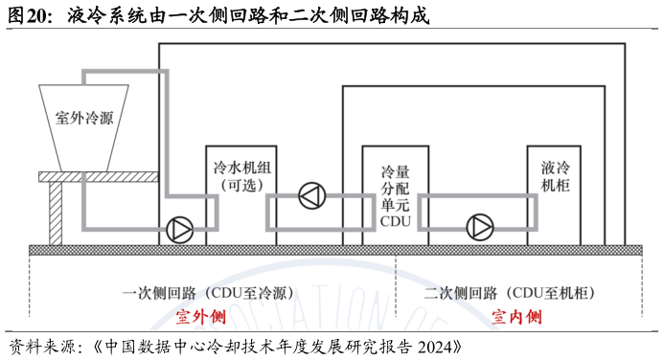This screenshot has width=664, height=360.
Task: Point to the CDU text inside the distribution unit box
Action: [395, 219]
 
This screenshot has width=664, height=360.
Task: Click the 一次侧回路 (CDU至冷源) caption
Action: [208, 293]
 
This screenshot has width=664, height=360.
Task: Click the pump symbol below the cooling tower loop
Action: [179, 229]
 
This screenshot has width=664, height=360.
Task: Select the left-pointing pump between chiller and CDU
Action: [311, 196]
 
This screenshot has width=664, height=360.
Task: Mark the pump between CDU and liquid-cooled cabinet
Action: [479, 227]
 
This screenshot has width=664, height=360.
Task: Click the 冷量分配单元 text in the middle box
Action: [395, 188]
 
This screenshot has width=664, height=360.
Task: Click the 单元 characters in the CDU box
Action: [395, 204]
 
